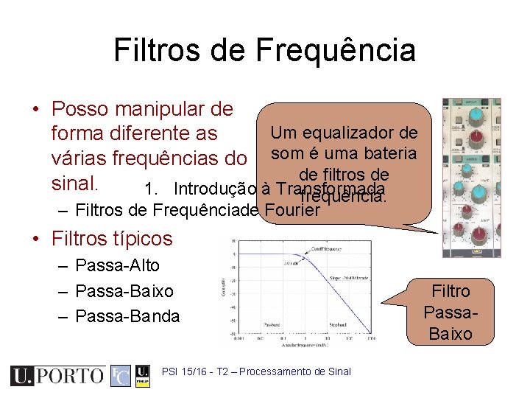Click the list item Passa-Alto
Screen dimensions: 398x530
point(117,265)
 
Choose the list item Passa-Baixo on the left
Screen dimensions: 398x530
point(124,290)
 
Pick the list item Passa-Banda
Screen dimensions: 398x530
point(127,315)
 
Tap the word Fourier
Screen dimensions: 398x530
point(291,210)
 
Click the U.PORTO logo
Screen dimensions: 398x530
point(57,375)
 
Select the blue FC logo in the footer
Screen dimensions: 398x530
point(121,375)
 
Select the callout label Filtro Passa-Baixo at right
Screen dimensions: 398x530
point(451,313)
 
